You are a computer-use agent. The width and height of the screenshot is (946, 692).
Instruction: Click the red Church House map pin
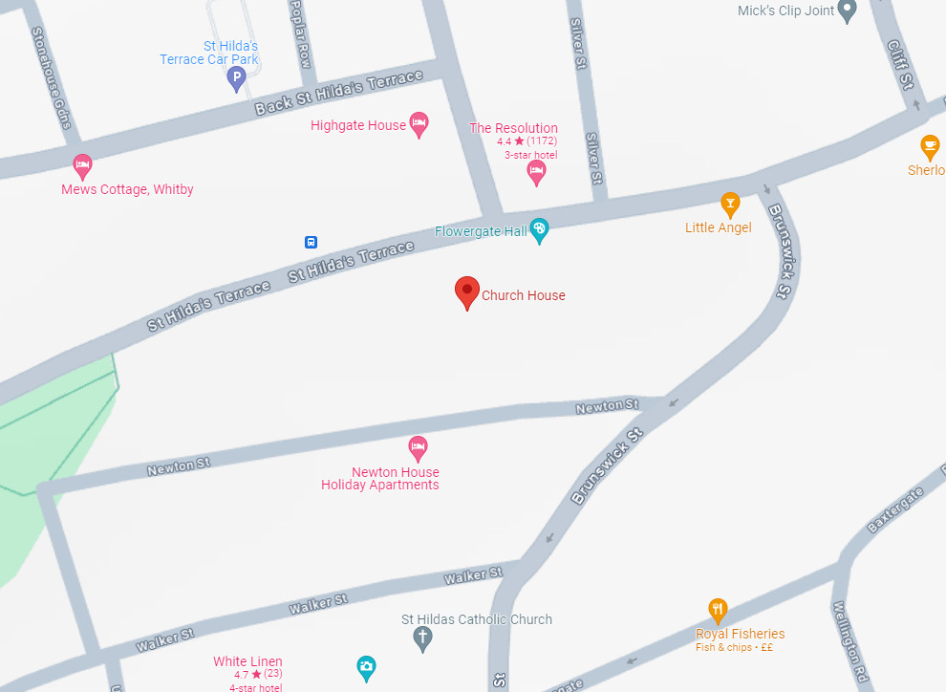(466, 291)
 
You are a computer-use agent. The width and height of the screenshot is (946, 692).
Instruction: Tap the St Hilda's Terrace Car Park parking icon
(236, 77)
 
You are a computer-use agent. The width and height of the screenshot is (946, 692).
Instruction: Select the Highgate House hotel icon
(418, 123)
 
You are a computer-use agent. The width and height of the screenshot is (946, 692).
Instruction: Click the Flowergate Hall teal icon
(539, 229)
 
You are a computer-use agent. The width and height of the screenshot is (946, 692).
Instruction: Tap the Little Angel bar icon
(730, 204)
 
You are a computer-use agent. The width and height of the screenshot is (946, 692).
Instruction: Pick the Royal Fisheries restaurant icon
(718, 609)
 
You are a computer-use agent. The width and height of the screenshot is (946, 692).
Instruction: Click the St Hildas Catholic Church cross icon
(422, 638)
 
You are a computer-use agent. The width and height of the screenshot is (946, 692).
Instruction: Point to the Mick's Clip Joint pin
(846, 11)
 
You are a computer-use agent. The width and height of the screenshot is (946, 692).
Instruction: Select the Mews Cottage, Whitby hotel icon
(83, 166)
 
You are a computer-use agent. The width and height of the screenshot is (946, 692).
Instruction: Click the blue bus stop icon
(311, 242)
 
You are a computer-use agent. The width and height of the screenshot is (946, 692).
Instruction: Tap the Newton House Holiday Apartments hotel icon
(417, 446)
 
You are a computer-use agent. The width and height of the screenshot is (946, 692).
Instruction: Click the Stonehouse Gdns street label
(52, 76)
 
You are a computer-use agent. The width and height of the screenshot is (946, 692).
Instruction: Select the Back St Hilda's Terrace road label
(338, 94)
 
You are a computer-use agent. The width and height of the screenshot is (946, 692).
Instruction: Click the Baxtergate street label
(895, 509)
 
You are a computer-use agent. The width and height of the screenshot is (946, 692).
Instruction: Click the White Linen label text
(247, 661)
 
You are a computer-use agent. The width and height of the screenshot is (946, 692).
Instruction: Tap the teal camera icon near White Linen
(366, 667)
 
